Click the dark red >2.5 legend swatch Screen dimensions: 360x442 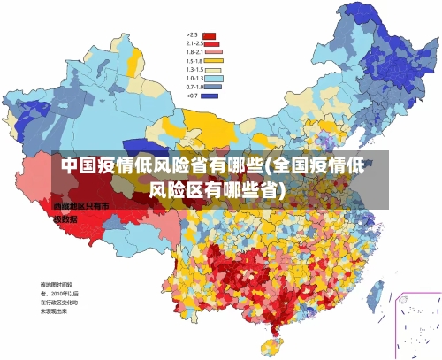210,35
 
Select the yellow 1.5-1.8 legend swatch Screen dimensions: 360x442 210,60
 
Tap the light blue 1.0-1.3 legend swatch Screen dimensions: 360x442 210,78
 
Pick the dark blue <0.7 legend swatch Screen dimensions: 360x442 210,95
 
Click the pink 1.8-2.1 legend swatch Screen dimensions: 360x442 210,52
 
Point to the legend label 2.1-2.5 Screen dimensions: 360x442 194,43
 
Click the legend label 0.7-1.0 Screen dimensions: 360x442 194,87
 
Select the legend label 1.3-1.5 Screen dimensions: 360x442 194,69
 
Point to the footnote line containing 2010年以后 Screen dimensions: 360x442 58,293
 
